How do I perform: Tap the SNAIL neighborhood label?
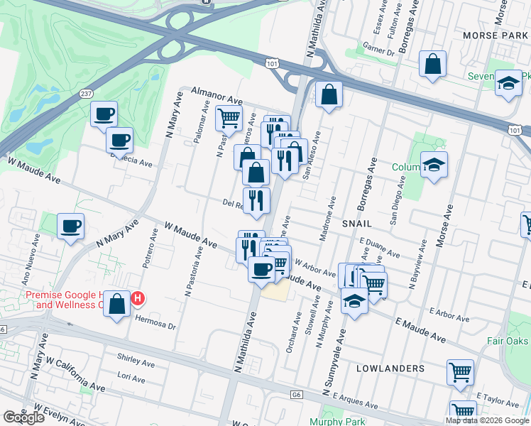tap(356, 222)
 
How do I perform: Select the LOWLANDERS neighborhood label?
tap(390, 368)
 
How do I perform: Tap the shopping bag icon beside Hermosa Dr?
tap(119, 303)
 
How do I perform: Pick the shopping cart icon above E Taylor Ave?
tap(461, 371)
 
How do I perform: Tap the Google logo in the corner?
tap(23, 417)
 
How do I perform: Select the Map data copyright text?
tap(487, 420)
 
